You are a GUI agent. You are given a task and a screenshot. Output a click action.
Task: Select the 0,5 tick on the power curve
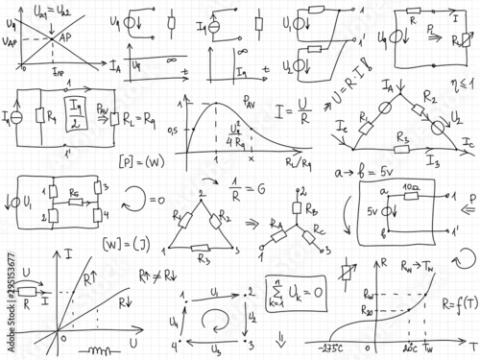[173, 129]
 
